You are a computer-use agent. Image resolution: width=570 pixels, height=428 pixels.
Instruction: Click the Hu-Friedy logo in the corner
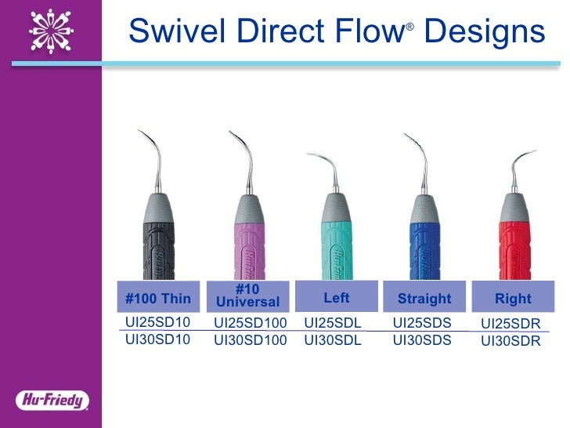pyautogui.click(x=52, y=400)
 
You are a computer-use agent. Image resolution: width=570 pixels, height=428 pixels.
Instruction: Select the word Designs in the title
pyautogui.click(x=484, y=31)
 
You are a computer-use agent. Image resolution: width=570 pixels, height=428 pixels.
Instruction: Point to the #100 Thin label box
pyautogui.click(x=158, y=298)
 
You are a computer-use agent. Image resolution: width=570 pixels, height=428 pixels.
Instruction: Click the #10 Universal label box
pyautogui.click(x=247, y=296)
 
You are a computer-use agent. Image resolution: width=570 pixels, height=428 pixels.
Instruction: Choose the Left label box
pyautogui.click(x=337, y=297)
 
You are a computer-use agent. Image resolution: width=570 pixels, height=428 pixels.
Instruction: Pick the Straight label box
pyautogui.click(x=424, y=298)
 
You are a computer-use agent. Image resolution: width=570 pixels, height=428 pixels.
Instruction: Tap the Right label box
pyautogui.click(x=513, y=298)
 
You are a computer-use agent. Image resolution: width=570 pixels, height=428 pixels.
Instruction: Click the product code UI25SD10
pyautogui.click(x=158, y=322)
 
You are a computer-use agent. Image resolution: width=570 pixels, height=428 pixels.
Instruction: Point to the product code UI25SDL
pyautogui.click(x=332, y=322)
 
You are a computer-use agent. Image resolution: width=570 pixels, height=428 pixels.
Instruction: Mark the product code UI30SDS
pyautogui.click(x=422, y=340)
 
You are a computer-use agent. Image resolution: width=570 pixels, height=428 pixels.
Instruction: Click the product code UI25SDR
pyautogui.click(x=510, y=323)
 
